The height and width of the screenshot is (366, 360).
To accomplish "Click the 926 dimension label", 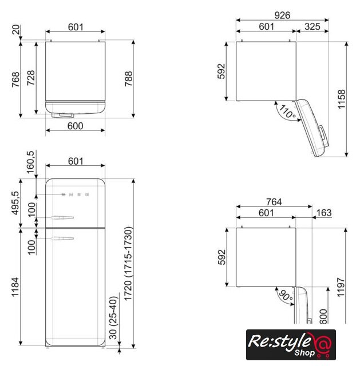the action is click(x=282, y=15).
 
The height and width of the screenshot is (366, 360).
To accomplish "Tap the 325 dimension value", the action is click(x=312, y=27).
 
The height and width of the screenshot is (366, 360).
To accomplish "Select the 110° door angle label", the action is click(x=287, y=112).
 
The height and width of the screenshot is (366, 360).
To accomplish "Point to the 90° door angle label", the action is click(x=286, y=295).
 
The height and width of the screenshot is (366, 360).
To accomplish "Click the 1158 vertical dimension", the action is click(x=342, y=99).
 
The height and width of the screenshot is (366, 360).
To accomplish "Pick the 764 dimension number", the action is click(x=274, y=202).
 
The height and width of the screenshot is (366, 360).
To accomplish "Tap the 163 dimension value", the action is click(x=324, y=213).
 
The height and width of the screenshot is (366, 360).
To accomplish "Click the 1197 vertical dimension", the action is click(x=341, y=287).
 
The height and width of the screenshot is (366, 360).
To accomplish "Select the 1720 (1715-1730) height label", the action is click(x=128, y=264).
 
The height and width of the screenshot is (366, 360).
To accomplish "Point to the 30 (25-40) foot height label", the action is click(x=113, y=318).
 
